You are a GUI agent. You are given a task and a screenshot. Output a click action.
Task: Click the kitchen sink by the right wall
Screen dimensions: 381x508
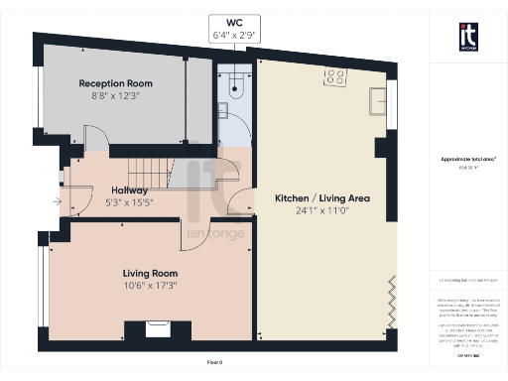(378, 100)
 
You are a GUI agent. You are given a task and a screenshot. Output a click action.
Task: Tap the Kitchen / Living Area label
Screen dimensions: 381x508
(322, 198)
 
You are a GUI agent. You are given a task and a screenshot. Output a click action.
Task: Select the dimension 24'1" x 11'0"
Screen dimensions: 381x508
(322, 210)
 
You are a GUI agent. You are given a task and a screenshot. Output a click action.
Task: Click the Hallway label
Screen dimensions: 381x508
(129, 190)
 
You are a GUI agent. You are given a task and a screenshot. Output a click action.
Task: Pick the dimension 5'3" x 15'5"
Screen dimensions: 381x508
(129, 202)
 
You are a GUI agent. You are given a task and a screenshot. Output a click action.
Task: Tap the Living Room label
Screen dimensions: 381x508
(150, 273)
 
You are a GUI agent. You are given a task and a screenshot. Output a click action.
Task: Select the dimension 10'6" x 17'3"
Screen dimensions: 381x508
(150, 286)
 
